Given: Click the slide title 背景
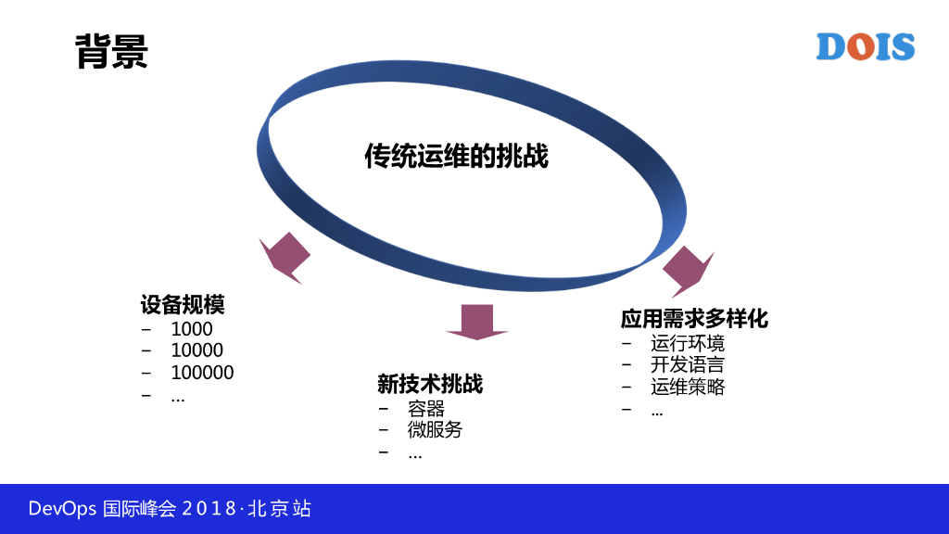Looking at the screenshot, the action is (x=111, y=53).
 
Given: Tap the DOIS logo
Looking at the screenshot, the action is (x=865, y=46).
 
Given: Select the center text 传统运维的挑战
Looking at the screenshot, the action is (x=456, y=157).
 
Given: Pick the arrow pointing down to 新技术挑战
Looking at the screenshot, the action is (x=477, y=321).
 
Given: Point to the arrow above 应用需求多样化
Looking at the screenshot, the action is (x=687, y=270).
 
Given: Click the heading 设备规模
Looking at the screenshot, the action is (x=183, y=305).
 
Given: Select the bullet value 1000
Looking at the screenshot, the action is (x=192, y=329).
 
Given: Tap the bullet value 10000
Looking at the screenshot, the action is (x=197, y=350).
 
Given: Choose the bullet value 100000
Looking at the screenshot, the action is (x=202, y=373).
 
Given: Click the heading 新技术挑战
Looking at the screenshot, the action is (x=430, y=384).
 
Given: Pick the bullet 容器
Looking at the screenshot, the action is (x=426, y=408).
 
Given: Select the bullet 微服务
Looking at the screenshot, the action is (x=435, y=430).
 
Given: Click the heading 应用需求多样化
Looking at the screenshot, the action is (x=694, y=319).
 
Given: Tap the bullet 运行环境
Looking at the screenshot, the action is (x=688, y=344).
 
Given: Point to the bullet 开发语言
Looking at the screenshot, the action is (x=688, y=365).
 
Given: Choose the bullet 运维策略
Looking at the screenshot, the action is (x=688, y=388).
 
